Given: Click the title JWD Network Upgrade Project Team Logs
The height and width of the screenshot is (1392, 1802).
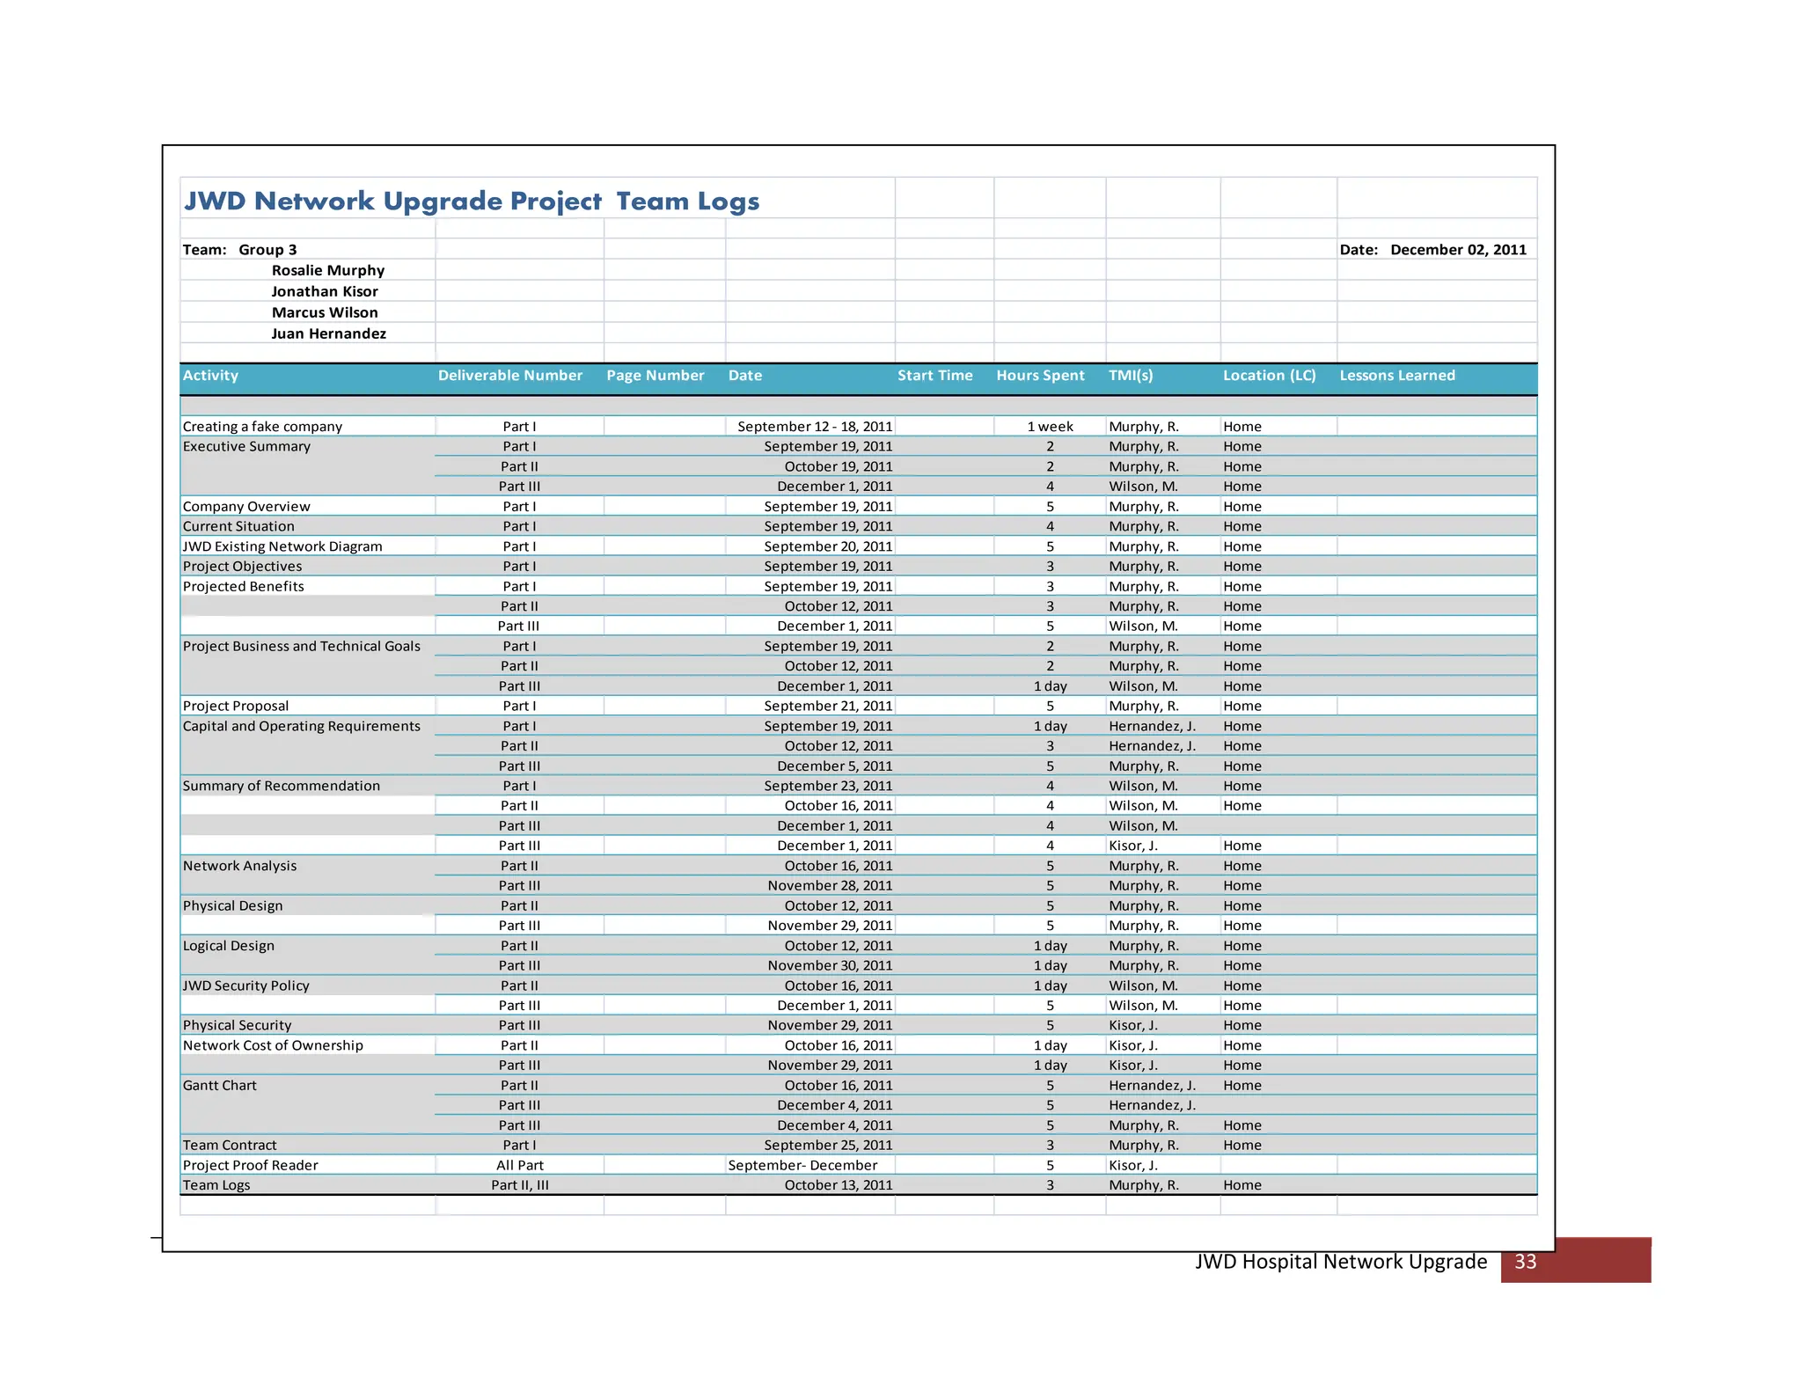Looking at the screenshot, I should click(x=471, y=201).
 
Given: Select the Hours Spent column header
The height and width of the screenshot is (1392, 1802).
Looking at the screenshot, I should click(x=1040, y=376).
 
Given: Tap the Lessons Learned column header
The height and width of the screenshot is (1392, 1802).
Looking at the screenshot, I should click(x=1396, y=376).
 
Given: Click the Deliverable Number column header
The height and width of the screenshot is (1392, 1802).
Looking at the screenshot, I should click(x=510, y=376).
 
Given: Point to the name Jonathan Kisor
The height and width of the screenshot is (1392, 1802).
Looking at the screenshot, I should click(x=324, y=292).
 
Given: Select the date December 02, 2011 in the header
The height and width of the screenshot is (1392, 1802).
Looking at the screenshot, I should click(x=1458, y=250).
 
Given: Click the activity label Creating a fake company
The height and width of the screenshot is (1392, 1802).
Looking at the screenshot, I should click(x=262, y=427).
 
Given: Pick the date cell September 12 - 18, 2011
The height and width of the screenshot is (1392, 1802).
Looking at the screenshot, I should click(x=814, y=427).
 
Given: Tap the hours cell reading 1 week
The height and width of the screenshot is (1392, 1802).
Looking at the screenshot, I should click(x=1050, y=427).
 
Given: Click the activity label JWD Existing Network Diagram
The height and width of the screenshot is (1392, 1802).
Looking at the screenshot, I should click(x=282, y=546).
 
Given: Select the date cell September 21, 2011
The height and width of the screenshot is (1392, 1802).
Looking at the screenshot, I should click(x=827, y=706).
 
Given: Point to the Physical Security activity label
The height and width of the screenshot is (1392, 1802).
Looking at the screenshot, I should click(x=237, y=1025).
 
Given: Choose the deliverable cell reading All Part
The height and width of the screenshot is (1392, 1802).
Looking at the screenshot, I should click(x=520, y=1165).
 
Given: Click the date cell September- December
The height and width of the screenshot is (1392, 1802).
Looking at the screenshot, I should click(x=802, y=1165).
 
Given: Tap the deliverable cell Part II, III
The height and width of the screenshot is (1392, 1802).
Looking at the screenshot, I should click(x=520, y=1185).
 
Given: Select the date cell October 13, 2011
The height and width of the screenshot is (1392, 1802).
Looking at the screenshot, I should click(x=838, y=1185).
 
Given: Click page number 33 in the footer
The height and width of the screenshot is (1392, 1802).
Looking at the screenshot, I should click(x=1525, y=1262).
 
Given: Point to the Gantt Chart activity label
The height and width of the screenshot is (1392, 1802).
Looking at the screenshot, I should click(x=220, y=1086).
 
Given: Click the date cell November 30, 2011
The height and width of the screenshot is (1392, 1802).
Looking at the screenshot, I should click(x=829, y=966).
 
